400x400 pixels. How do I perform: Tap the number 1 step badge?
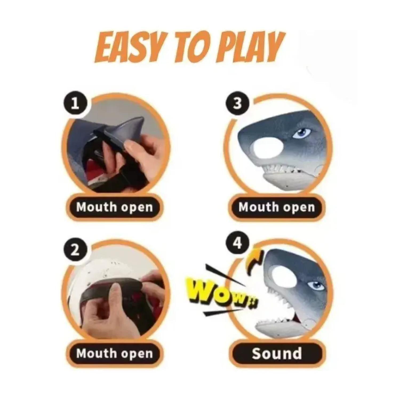click(75, 104)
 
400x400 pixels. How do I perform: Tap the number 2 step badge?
click(75, 251)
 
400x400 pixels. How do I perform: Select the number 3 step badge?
click(238, 103)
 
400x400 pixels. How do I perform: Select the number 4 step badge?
click(238, 243)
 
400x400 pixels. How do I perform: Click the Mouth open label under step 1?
click(114, 207)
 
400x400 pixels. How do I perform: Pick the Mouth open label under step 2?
click(114, 353)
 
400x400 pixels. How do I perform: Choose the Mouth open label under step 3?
click(277, 207)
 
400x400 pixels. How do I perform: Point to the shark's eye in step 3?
click(301, 133)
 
